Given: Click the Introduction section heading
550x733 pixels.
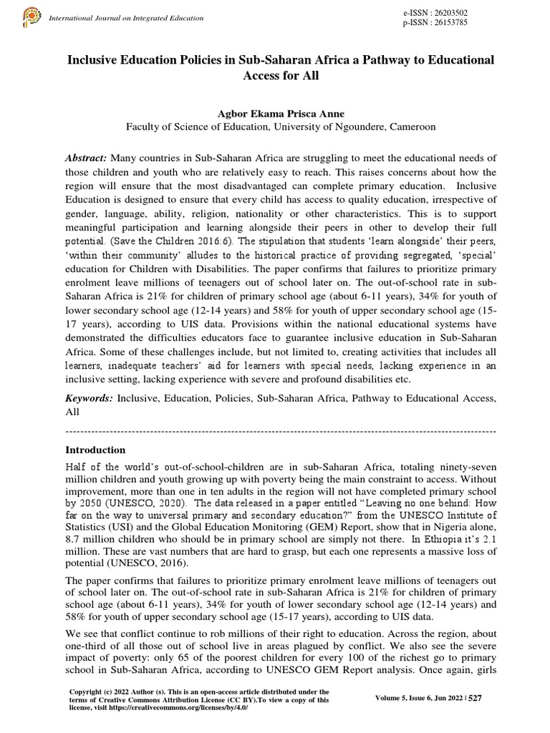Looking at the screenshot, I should point(95,450).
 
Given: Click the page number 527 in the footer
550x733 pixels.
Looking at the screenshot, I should point(475,699).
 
